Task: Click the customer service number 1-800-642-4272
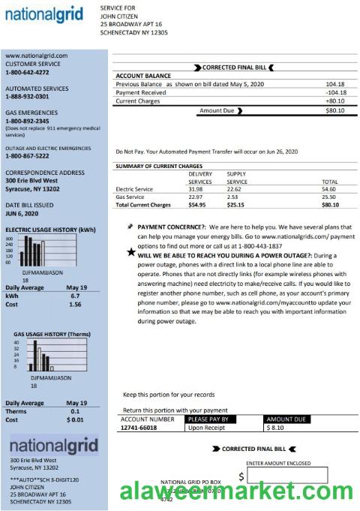[27, 73]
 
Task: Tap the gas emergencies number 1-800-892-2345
[27, 121]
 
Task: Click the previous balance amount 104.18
[334, 84]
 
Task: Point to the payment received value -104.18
[334, 92]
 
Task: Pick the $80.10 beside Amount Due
[334, 111]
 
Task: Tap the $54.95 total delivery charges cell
[196, 204]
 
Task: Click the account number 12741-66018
[139, 427]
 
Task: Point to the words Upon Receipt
[206, 427]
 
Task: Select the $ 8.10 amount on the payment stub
[275, 427]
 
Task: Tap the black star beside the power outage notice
[131, 254]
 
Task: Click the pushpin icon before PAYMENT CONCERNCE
[130, 226]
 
